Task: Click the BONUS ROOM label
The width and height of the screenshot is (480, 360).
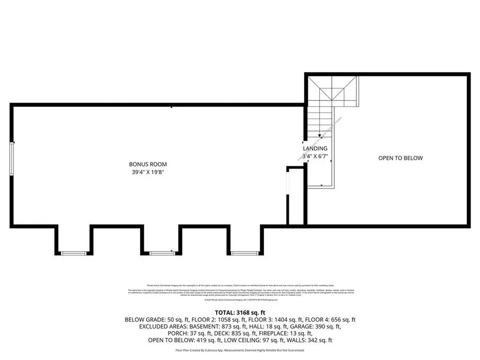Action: [x=148, y=165]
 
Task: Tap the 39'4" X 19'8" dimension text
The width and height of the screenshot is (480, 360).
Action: [x=148, y=172]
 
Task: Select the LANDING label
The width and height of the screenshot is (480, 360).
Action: [x=315, y=149]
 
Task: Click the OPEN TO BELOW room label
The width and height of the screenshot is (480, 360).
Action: [x=400, y=158]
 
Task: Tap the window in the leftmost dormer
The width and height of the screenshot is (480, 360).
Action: [x=74, y=253]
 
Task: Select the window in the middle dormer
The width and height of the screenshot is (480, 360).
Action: [x=162, y=253]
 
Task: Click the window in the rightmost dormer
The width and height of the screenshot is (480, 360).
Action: [x=245, y=253]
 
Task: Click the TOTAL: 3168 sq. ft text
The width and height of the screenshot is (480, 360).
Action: [x=240, y=312]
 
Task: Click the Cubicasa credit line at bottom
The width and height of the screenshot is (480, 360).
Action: [x=240, y=350]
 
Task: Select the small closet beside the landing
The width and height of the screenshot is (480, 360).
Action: [x=296, y=197]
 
